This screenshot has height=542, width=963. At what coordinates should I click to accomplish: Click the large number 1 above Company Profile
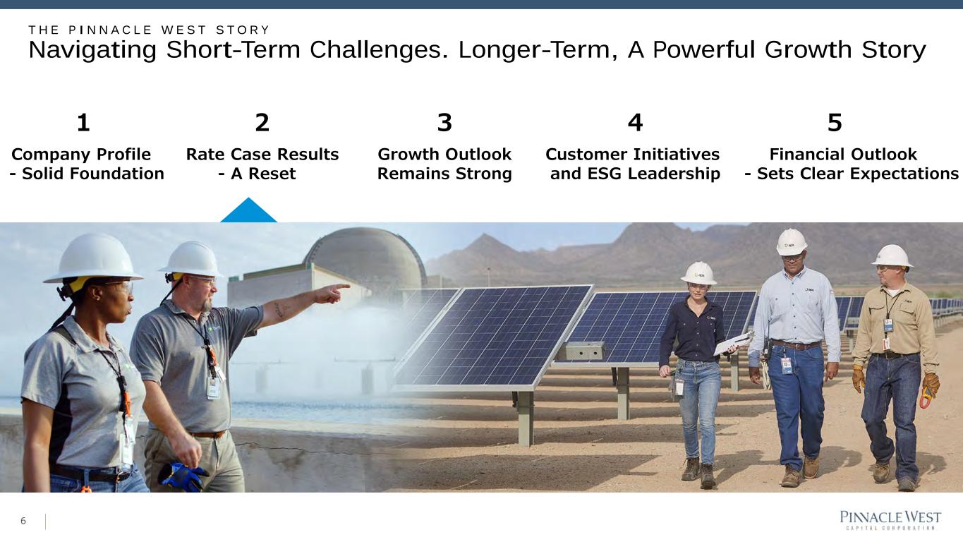[83, 123]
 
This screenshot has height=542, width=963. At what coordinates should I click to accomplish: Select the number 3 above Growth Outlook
[444, 123]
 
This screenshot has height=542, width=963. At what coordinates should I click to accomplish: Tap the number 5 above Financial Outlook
[835, 123]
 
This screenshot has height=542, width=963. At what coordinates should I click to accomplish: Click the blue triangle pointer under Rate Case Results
[248, 210]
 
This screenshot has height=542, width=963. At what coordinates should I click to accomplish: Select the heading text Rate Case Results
[262, 154]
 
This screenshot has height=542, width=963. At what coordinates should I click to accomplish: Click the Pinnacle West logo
[890, 520]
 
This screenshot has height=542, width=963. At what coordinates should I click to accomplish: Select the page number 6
[23, 521]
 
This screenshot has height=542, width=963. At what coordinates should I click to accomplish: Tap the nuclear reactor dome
[365, 254]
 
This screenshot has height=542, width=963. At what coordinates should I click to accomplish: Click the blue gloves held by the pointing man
[182, 476]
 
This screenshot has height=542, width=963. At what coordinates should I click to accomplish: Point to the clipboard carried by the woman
[734, 343]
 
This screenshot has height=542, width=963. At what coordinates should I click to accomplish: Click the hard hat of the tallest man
[792, 242]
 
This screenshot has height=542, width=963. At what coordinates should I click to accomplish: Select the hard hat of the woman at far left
[94, 258]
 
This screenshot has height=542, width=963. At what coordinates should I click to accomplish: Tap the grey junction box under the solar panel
[581, 351]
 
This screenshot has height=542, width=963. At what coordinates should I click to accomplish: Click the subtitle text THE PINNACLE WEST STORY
[149, 30]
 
